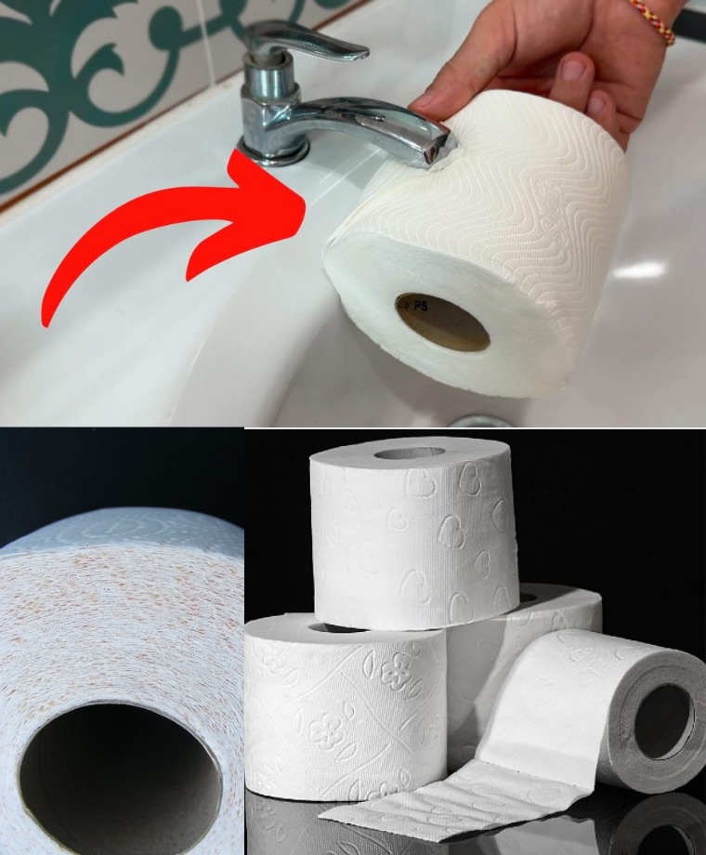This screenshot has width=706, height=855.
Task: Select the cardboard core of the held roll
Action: pyautogui.click(x=443, y=322)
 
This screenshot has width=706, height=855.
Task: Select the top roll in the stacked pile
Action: pyautogui.click(x=413, y=530)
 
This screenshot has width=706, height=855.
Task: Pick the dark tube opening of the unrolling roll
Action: pyautogui.click(x=662, y=720)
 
